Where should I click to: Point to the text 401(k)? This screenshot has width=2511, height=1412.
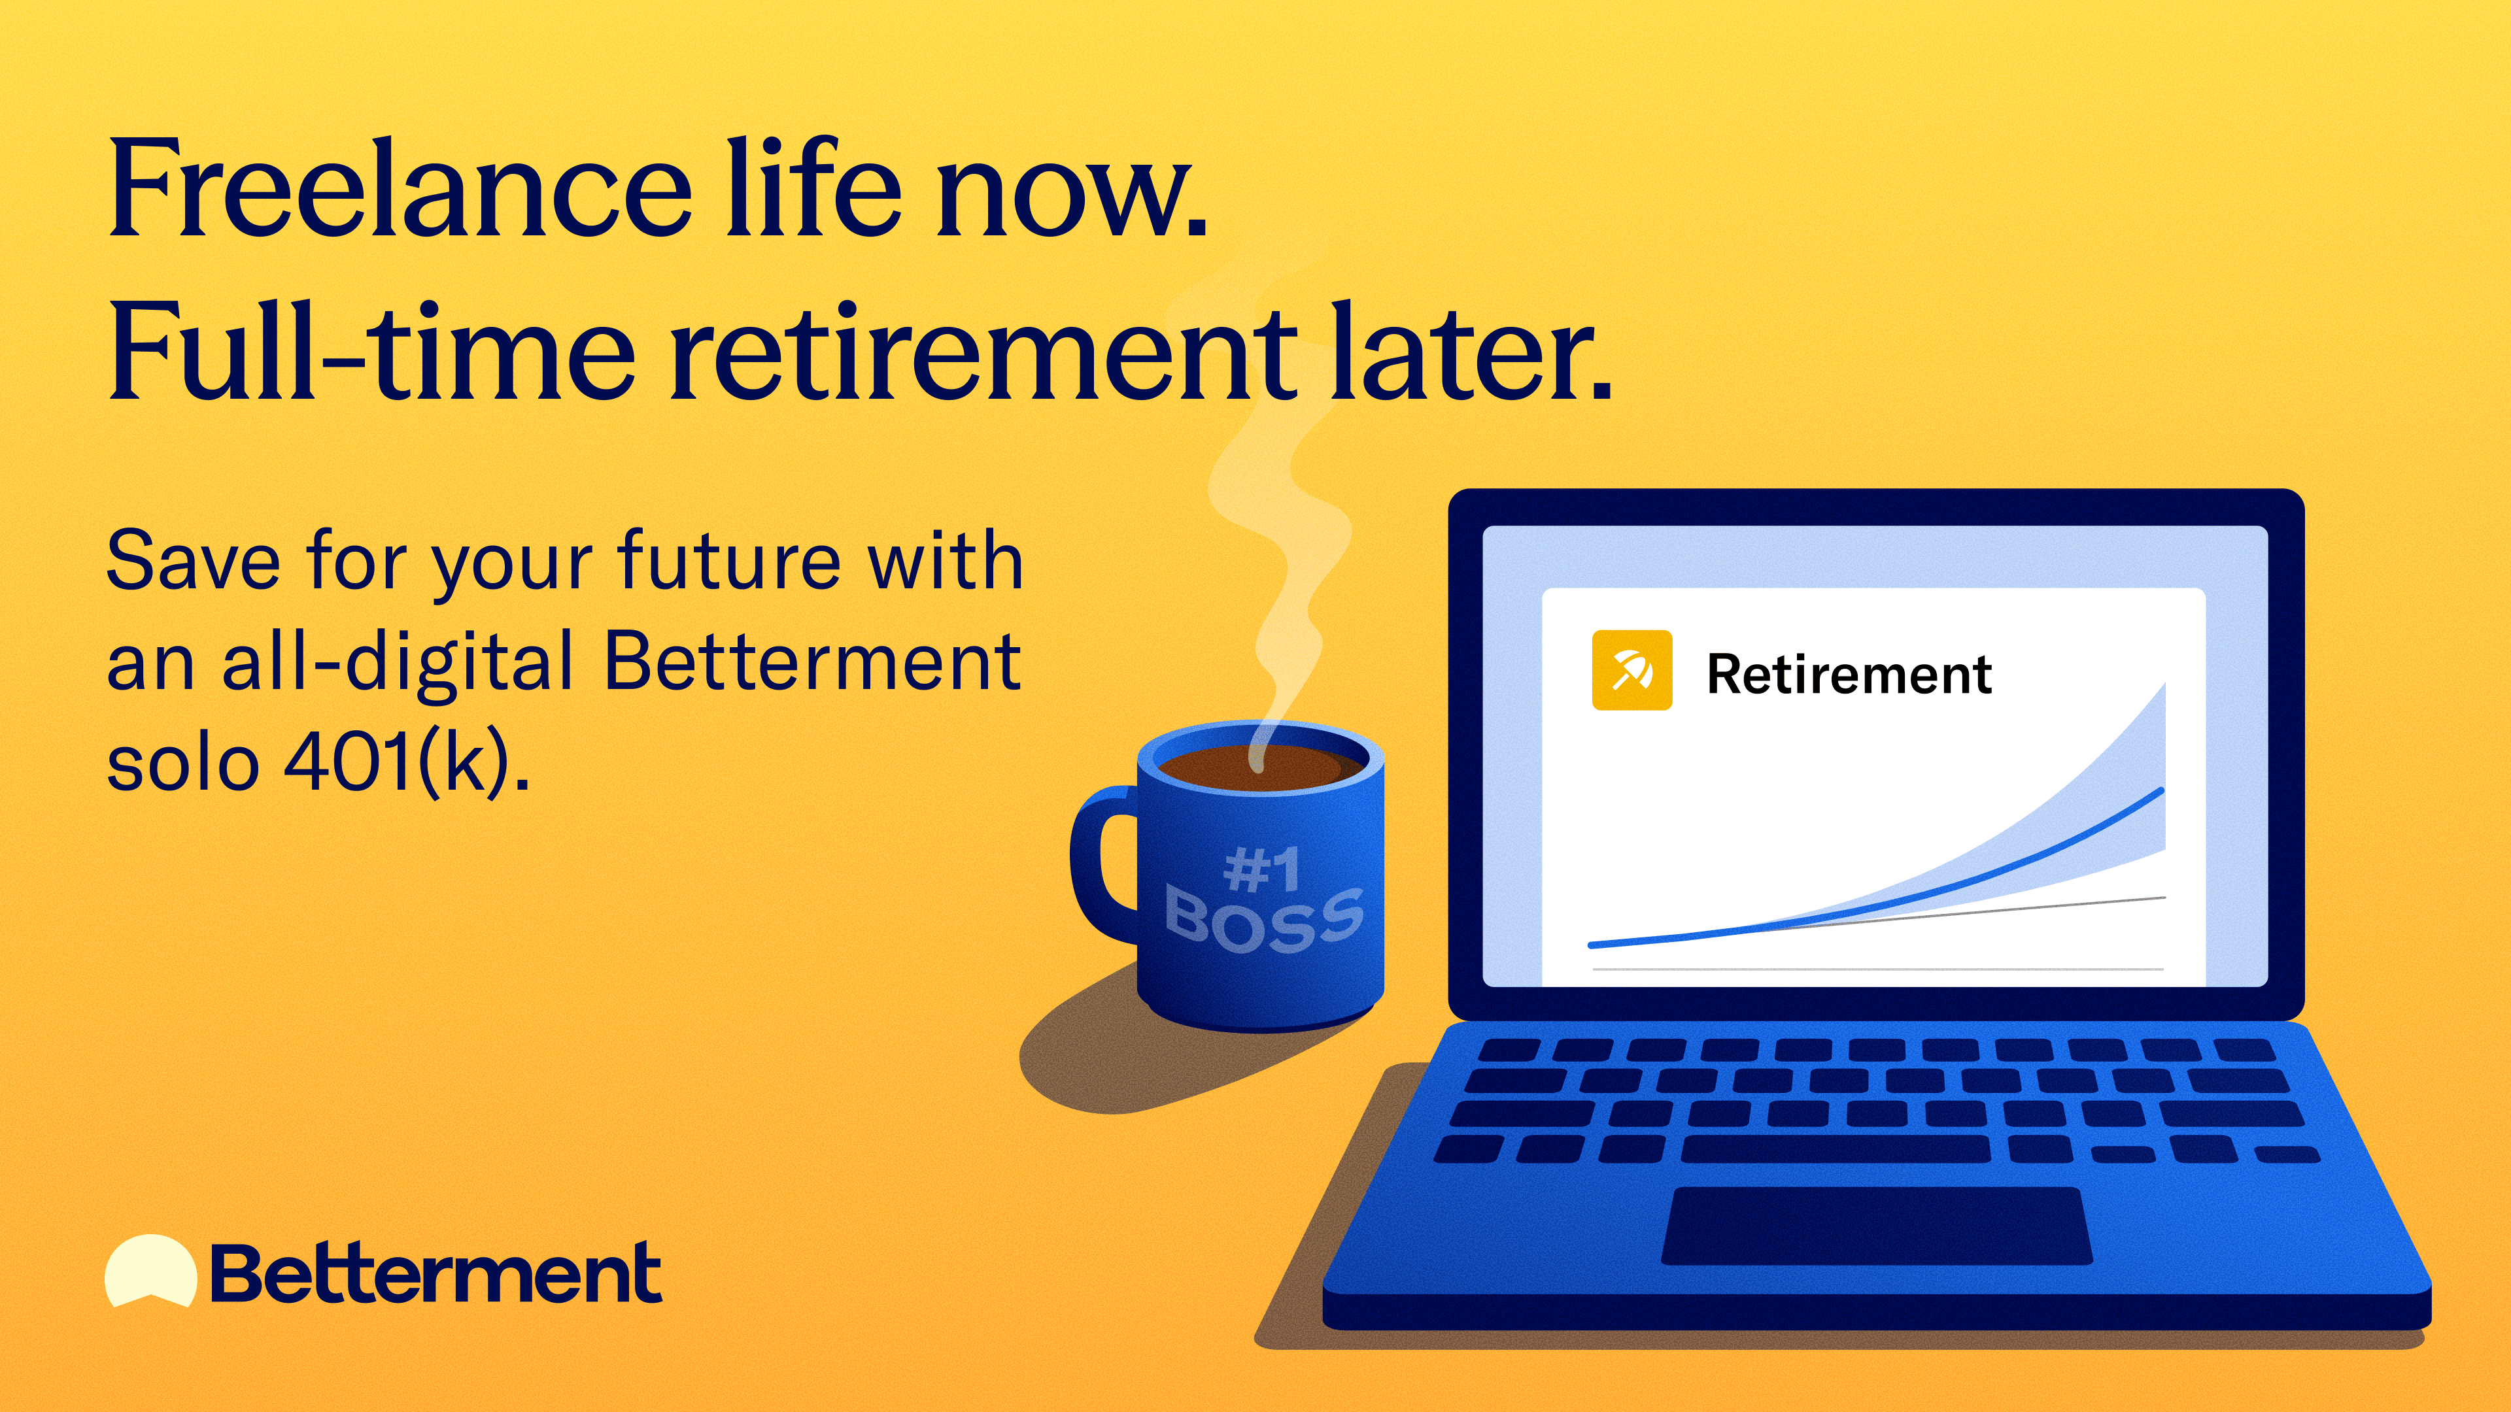[x=407, y=763]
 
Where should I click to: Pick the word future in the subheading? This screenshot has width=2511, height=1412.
[x=728, y=562]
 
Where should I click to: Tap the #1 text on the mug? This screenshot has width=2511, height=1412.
[x=1261, y=869]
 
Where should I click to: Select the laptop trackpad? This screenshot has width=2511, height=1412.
[x=1877, y=1226]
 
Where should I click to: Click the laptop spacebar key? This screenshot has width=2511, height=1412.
[x=1836, y=1150]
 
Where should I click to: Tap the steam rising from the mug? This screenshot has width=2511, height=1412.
[x=1267, y=507]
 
